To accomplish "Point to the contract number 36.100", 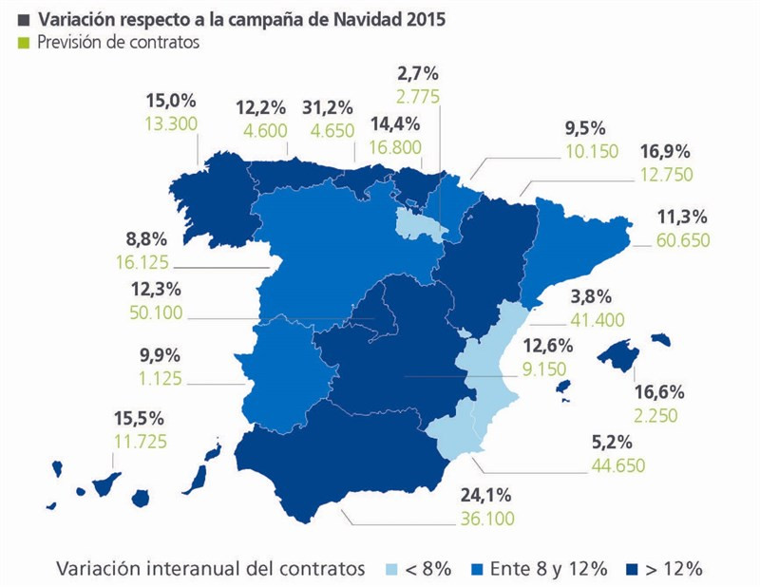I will pos(484,520).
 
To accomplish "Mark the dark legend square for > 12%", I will pos(630,569).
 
